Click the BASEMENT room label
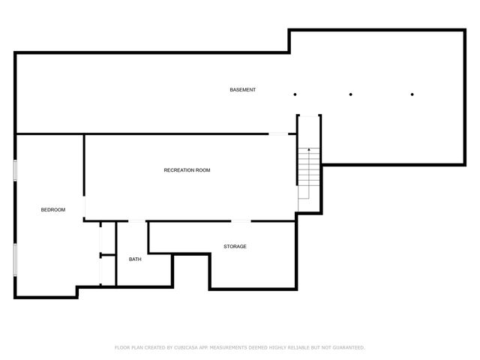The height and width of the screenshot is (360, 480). click(242, 90)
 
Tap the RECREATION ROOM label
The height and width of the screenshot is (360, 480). click(187, 170)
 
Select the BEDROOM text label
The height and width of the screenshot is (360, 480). click(52, 210)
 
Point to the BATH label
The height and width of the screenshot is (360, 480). click(135, 259)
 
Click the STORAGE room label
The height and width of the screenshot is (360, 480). click(235, 247)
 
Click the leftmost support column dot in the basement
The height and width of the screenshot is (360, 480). click(295, 94)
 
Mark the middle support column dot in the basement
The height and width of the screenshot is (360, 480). click(351, 94)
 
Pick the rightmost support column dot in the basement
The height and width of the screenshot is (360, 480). click(412, 94)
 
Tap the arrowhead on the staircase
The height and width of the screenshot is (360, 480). click(309, 151)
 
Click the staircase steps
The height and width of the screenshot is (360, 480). click(304, 172)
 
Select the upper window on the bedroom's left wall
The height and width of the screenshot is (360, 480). click(15, 169)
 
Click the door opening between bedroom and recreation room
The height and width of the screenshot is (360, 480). click(85, 206)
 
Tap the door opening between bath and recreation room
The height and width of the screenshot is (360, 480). click(137, 220)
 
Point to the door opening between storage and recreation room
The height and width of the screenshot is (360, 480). click(241, 220)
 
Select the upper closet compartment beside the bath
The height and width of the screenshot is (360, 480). click(107, 238)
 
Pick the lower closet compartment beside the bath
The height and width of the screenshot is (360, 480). click(107, 271)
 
